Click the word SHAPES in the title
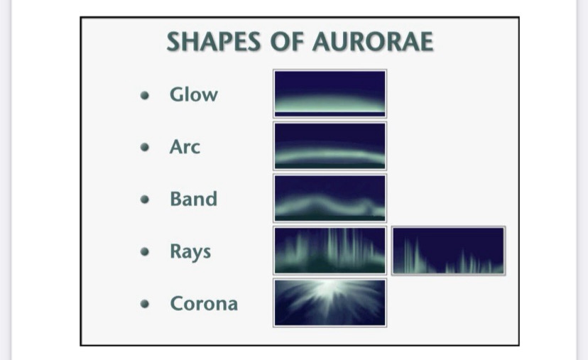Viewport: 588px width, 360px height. click(x=213, y=41)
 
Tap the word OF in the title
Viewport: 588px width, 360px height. click(x=287, y=41)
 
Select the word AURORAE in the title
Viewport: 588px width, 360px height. click(x=373, y=41)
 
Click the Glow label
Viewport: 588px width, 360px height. click(x=193, y=94)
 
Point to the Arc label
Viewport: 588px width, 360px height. click(x=185, y=146)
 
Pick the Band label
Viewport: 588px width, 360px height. click(x=193, y=199)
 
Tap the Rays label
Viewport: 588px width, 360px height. click(x=190, y=252)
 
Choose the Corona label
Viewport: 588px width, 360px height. click(x=204, y=303)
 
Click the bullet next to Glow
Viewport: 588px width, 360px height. click(x=145, y=95)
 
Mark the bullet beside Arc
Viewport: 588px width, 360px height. click(x=145, y=147)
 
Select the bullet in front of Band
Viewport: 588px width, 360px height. click(x=145, y=199)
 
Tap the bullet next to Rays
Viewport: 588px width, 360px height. click(x=145, y=251)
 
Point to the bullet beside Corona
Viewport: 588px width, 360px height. click(x=145, y=303)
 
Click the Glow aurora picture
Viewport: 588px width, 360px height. click(x=330, y=94)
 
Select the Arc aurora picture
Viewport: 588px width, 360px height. click(x=330, y=146)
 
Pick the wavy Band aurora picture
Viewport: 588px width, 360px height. click(x=330, y=198)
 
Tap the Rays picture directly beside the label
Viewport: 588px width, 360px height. click(x=330, y=251)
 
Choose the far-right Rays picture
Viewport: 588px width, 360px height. click(x=449, y=251)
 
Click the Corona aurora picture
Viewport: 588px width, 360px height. click(x=330, y=302)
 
